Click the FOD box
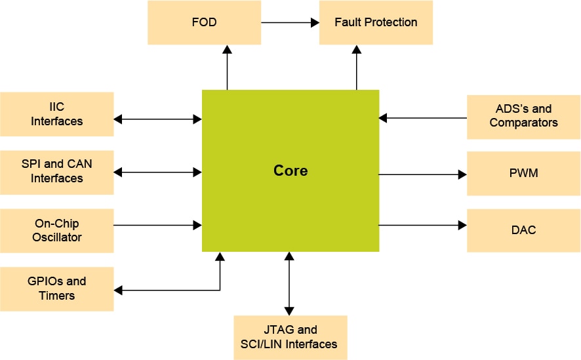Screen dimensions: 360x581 (204, 22)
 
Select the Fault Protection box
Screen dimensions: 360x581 (376, 22)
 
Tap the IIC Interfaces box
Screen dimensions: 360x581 (57, 114)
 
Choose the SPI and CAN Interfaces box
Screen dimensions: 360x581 (57, 172)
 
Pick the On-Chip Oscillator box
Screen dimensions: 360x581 (57, 230)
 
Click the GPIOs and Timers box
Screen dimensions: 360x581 (57, 289)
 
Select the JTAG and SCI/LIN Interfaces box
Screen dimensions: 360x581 (290, 337)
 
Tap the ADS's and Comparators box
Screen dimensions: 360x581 (523, 116)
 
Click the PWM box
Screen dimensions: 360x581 (523, 174)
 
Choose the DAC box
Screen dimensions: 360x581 (523, 230)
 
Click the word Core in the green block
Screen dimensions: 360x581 (290, 171)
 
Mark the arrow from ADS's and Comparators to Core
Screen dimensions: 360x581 (422, 118)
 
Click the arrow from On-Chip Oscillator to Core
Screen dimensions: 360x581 (157, 225)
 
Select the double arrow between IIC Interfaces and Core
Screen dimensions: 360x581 (157, 119)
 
